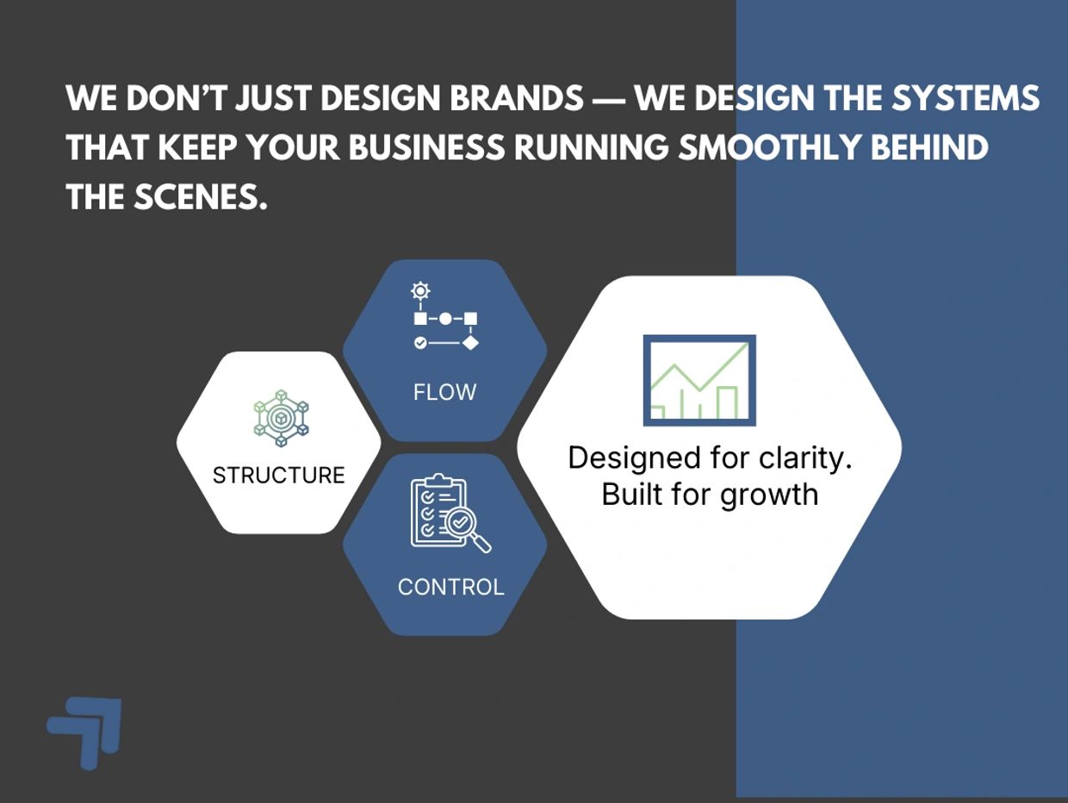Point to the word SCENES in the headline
pos(200,198)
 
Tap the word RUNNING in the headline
pos(591,148)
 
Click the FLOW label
pos(444,392)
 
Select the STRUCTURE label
pos(278,475)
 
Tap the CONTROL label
pos(450,587)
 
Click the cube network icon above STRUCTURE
pos(281,418)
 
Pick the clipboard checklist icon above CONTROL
pos(439,510)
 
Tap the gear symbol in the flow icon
pos(420,291)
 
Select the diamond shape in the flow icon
pos(469,342)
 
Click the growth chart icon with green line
pos(699,380)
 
